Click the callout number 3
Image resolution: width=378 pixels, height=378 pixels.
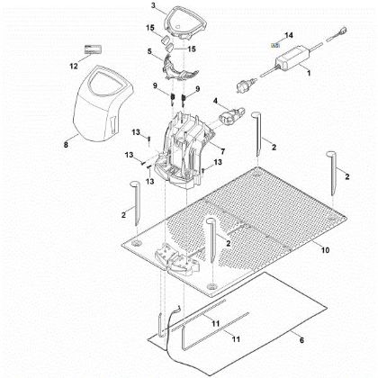click(x=154, y=6)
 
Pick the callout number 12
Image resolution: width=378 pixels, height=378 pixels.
click(x=74, y=66)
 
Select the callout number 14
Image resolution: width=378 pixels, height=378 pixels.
click(x=288, y=35)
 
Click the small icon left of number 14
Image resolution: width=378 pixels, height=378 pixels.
click(x=276, y=43)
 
